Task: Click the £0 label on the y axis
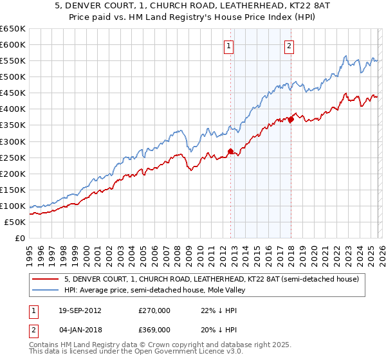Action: [x=20, y=238]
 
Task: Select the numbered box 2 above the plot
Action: [x=289, y=46]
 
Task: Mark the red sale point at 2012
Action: [x=230, y=152]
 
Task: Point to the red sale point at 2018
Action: [x=291, y=119]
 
